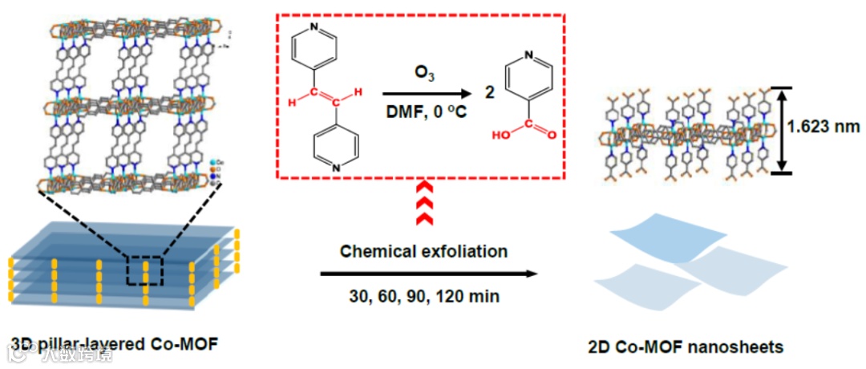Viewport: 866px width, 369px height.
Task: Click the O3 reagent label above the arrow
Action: point(424,74)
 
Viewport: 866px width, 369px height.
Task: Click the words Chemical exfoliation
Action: point(423,251)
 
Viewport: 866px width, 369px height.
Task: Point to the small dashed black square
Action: point(145,271)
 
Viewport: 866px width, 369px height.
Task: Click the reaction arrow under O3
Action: point(426,94)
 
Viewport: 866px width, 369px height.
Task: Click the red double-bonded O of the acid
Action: point(552,136)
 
